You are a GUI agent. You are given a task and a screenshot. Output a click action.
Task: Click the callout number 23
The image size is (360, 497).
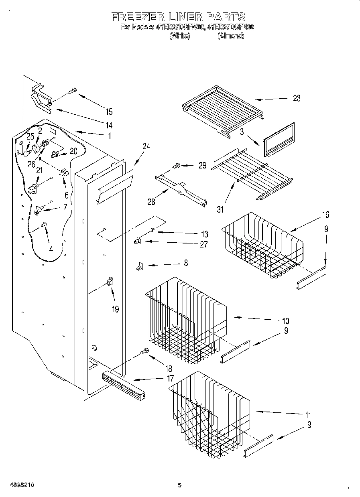point(296,99)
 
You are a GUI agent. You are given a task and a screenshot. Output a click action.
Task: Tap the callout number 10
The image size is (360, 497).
point(285,321)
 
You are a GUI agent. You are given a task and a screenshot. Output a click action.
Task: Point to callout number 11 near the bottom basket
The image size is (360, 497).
point(308,415)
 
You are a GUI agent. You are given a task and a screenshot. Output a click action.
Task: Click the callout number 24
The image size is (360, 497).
point(146,147)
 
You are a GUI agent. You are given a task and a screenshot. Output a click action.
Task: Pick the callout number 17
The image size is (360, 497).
point(171,378)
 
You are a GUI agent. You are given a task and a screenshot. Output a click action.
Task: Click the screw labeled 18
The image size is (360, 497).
point(144,352)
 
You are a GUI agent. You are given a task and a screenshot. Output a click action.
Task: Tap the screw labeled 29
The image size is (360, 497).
point(177,165)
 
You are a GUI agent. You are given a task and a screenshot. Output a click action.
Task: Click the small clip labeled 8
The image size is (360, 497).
point(139,266)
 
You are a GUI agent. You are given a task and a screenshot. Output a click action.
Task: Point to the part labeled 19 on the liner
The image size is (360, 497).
point(110,282)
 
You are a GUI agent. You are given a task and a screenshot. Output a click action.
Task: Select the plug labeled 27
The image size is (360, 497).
point(137,241)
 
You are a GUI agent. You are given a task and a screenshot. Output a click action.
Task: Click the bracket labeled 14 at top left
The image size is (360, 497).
point(42,98)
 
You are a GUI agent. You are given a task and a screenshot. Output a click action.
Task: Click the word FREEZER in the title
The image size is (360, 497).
point(132,17)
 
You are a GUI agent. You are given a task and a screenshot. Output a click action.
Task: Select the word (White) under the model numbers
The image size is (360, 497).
point(179,36)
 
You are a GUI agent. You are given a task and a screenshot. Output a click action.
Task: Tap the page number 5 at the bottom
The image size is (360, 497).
point(179,485)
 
